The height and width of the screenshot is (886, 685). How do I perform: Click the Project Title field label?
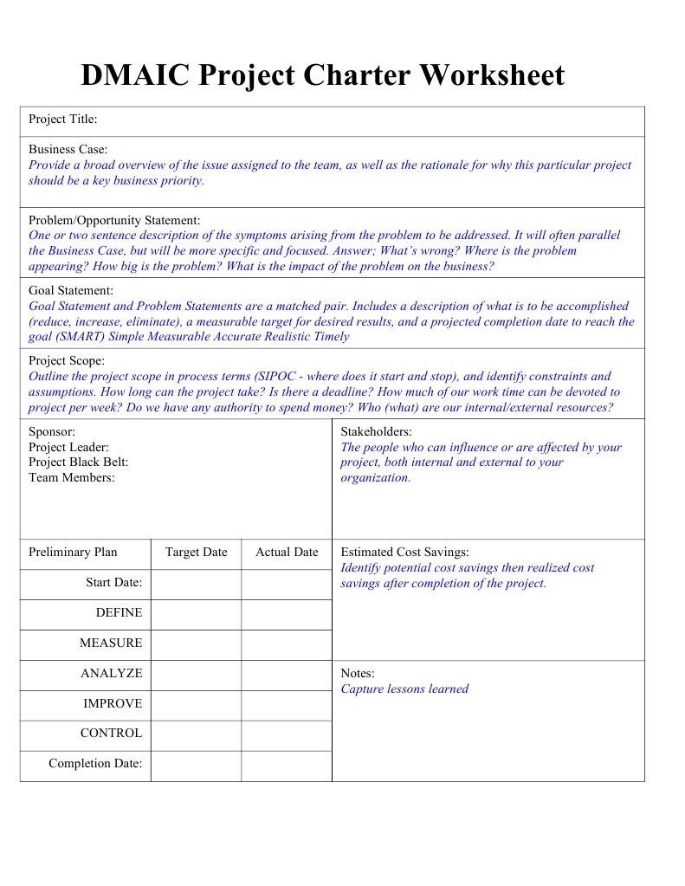62,119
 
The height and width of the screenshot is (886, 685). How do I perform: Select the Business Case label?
68,149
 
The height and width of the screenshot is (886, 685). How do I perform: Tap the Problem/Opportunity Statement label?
114,220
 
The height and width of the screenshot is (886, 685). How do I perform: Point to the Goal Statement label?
71,290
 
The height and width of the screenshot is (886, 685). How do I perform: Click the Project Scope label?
67,360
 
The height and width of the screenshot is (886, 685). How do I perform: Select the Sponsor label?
52,431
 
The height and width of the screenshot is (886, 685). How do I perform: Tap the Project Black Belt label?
78,462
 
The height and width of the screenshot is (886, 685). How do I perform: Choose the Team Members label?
71,477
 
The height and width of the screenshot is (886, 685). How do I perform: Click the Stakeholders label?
376,431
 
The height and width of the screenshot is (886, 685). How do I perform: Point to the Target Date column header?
196,553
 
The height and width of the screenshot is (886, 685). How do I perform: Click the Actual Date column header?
287,553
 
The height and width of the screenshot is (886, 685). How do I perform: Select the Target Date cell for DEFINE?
196,613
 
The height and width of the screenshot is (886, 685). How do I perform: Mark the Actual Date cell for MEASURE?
287,643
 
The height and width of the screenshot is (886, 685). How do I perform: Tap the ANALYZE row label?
111,673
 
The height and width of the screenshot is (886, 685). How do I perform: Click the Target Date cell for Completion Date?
196,764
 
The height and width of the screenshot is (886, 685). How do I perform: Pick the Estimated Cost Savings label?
404,553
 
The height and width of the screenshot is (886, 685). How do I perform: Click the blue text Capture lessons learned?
404,689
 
